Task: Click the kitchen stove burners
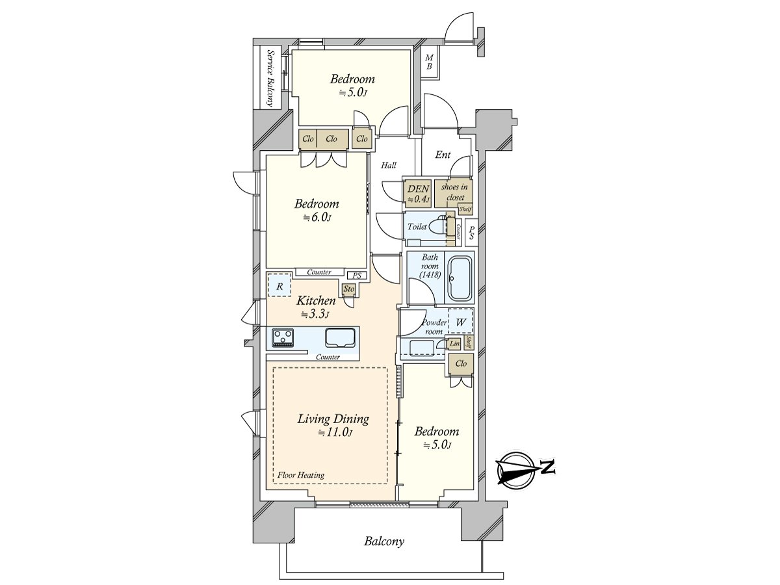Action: [x=283, y=337]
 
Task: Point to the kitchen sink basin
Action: [x=340, y=338]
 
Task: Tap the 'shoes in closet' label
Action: [x=454, y=192]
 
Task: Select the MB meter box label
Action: [x=429, y=62]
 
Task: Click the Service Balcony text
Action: [x=271, y=78]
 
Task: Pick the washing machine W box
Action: [x=460, y=322]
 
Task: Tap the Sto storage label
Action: [x=348, y=289]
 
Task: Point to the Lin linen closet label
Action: [x=454, y=343]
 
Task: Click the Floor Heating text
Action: [x=301, y=475]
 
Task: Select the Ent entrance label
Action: [x=443, y=155]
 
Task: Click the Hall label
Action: [x=389, y=165]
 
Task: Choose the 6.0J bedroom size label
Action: [x=317, y=217]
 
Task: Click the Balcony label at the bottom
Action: [x=383, y=541]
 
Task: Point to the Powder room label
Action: [x=434, y=327]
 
